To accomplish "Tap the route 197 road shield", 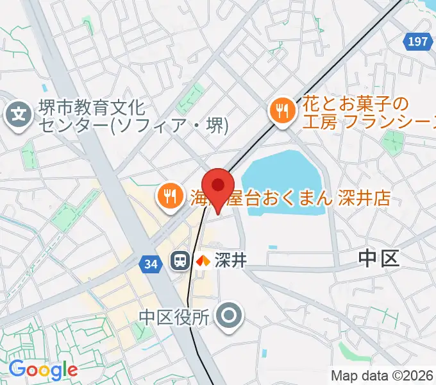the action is [417, 42].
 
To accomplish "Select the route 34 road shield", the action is [150, 264].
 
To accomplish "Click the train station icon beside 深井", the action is [180, 261].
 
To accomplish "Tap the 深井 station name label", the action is [230, 261].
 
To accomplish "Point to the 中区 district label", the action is [378, 259].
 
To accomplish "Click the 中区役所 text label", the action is [174, 316].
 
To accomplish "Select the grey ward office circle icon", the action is [228, 316].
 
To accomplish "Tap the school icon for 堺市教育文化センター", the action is [19, 116].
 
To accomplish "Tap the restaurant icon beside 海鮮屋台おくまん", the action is [169, 196].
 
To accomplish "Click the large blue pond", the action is [282, 173].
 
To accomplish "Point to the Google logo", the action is [43, 369].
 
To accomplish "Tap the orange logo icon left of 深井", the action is [203, 261].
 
